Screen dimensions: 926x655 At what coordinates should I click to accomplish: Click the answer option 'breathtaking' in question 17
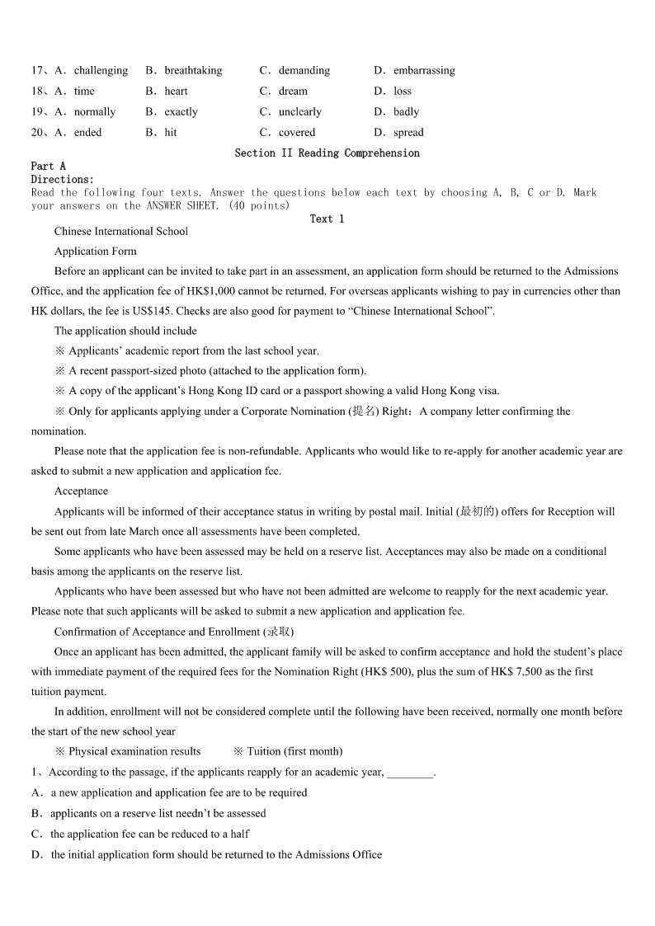coord(193,71)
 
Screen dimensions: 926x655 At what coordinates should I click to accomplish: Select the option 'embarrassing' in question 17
coord(423,71)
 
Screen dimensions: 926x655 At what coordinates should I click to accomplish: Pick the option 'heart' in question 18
coord(176,92)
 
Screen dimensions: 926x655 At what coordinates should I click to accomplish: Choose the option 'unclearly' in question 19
coord(299,112)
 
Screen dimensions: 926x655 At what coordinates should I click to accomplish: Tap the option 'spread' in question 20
coord(408,133)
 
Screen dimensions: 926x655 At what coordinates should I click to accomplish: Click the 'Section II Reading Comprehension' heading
coord(327,153)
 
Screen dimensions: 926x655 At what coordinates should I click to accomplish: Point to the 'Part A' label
coord(49,167)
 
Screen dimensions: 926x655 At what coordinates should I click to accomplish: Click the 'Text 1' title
coord(327,219)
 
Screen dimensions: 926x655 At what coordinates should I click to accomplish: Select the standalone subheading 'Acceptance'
coord(81,491)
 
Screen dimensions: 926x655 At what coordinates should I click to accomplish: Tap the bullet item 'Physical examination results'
coord(134,752)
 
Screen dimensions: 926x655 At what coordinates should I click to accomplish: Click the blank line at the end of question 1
coord(409,773)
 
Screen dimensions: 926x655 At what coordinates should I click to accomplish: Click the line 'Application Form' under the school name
coord(96,251)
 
